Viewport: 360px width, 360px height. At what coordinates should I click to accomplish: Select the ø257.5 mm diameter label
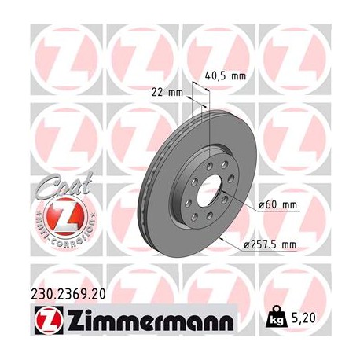tap(269, 246)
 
